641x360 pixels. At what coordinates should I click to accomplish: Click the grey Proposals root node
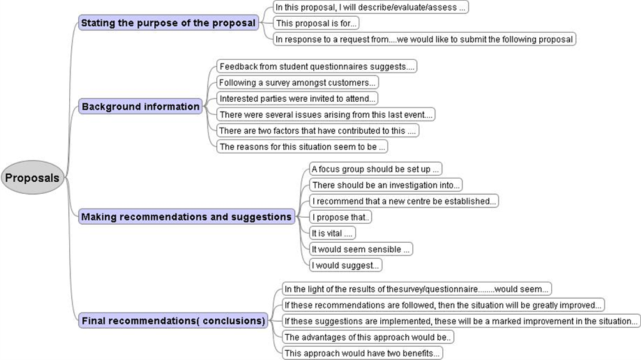33,178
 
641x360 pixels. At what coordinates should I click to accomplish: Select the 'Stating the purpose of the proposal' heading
168,23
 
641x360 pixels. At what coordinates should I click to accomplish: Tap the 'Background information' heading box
140,106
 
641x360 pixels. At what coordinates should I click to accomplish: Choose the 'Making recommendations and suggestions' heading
187,217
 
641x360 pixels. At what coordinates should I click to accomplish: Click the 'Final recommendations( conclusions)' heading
173,321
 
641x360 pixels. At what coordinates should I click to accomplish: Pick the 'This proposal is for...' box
316,23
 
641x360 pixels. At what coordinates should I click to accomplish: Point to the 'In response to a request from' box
424,39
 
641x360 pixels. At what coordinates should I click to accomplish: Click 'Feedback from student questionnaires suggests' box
317,66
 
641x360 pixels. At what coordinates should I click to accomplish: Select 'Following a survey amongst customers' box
297,82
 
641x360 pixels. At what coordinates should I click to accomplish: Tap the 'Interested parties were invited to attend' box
297,98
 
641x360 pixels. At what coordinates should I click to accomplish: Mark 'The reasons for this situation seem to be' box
302,147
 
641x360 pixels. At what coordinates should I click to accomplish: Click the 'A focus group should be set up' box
376,169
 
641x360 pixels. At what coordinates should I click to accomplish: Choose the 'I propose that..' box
340,217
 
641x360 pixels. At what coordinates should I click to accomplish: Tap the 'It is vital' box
332,233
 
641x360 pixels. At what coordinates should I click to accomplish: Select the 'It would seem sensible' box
361,249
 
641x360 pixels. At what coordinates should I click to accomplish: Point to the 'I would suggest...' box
346,265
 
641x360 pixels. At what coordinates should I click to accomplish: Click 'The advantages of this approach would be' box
367,337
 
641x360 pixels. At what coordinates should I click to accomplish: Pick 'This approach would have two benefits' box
362,353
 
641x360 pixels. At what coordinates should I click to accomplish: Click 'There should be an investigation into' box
386,185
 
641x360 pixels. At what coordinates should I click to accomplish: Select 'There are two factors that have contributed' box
317,130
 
